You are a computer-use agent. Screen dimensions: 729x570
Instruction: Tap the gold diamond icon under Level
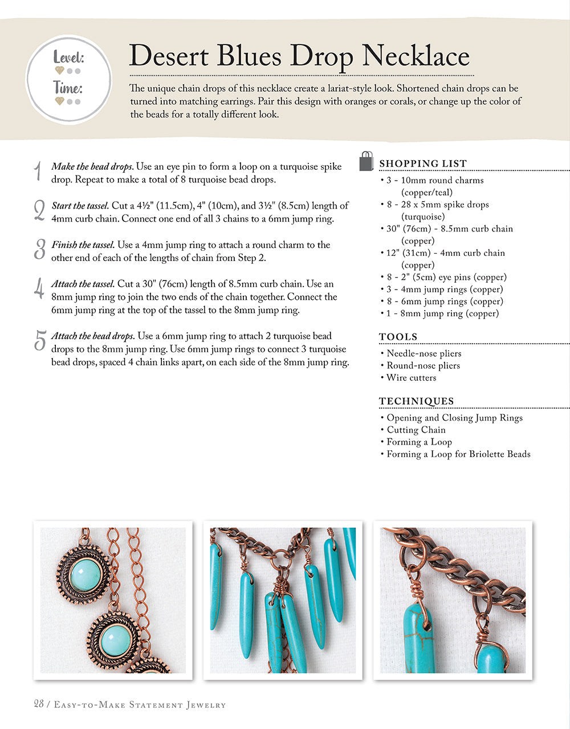(x=59, y=71)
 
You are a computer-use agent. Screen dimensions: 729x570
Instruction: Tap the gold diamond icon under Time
(x=59, y=101)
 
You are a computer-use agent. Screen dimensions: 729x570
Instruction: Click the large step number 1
(x=38, y=172)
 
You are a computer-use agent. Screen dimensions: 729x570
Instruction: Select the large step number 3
(x=39, y=250)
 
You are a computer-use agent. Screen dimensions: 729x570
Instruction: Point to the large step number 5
(x=39, y=341)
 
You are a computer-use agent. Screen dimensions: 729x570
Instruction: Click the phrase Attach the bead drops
(x=93, y=336)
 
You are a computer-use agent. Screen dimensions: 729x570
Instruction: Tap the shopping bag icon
(x=367, y=162)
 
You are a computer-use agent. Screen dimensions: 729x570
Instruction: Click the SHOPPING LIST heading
(x=423, y=164)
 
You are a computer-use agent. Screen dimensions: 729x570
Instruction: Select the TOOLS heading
(x=398, y=337)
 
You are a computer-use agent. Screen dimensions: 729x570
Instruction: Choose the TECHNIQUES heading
(x=417, y=401)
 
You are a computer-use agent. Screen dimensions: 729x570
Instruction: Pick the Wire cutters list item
(x=411, y=378)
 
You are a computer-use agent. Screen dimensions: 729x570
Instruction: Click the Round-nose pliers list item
(x=423, y=365)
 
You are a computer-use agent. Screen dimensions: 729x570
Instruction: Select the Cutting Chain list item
(x=416, y=430)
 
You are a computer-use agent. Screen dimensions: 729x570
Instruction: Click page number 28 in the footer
(x=39, y=704)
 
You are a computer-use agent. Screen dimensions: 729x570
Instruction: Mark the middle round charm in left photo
(x=114, y=638)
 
